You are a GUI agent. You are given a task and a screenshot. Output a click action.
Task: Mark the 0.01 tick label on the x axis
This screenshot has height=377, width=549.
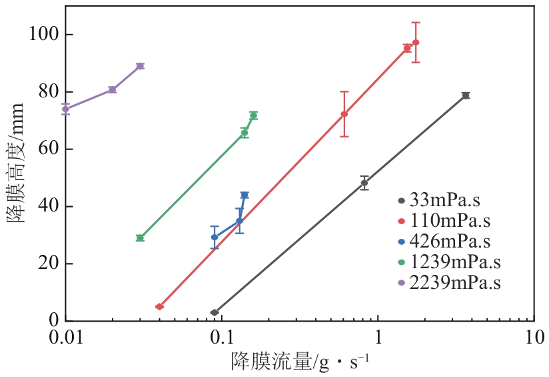point(66,338)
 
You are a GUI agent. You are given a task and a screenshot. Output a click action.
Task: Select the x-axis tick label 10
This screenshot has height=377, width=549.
point(534,338)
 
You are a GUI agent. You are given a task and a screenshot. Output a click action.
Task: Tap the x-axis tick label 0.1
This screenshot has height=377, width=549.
point(222,338)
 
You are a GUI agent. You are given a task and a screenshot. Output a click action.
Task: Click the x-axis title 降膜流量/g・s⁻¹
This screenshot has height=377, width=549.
point(300,362)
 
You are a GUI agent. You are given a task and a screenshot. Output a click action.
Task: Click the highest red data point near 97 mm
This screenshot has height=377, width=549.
point(416,42)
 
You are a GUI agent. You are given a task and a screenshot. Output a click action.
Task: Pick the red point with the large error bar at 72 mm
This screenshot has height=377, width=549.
point(344,114)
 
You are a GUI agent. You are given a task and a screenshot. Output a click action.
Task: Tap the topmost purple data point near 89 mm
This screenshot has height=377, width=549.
point(140,66)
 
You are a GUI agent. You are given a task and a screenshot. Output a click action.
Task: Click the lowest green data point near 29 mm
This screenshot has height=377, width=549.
point(140,238)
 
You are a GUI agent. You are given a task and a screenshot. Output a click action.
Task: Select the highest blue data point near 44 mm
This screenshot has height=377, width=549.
point(245,195)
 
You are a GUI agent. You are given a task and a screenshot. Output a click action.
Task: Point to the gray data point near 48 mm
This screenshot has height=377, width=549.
point(364,183)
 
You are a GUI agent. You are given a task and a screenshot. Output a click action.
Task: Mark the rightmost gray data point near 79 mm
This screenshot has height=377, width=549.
point(466,95)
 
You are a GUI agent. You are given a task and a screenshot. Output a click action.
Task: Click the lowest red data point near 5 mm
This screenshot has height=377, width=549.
point(159,307)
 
